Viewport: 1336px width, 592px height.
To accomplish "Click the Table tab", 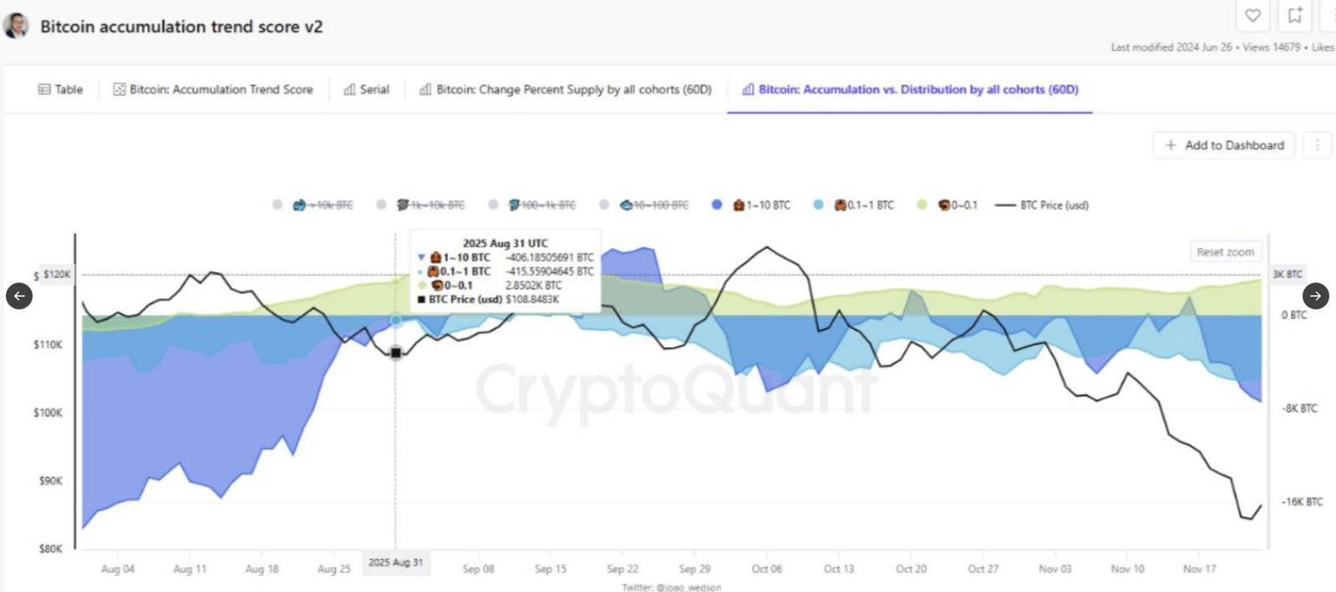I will pyautogui.click(x=61, y=89).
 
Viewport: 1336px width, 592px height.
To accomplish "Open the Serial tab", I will pyautogui.click(x=367, y=89).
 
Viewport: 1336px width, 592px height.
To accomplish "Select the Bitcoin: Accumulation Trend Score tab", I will pyautogui.click(x=213, y=89).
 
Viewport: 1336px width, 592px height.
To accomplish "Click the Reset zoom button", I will pyautogui.click(x=1225, y=252).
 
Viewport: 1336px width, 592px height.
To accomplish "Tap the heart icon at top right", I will pyautogui.click(x=1252, y=15).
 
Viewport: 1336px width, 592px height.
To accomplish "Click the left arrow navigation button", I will pyautogui.click(x=19, y=296).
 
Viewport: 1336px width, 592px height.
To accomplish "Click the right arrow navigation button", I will pyautogui.click(x=1315, y=296).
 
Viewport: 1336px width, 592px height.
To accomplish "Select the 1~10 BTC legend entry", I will pyautogui.click(x=761, y=205).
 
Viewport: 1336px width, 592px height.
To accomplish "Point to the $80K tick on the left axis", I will pyautogui.click(x=50, y=549).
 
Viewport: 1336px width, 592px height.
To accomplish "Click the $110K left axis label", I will pyautogui.click(x=48, y=344).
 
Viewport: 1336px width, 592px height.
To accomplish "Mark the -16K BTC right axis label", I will pyautogui.click(x=1303, y=502).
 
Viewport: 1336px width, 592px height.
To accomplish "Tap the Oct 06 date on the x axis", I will pyautogui.click(x=767, y=569).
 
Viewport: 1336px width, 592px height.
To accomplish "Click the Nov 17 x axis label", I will pyautogui.click(x=1199, y=569).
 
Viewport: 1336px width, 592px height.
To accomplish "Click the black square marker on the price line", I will pyautogui.click(x=395, y=353).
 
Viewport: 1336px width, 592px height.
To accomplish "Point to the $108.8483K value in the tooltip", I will pyautogui.click(x=532, y=299).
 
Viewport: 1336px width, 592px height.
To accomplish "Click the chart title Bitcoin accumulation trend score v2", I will pyautogui.click(x=181, y=27).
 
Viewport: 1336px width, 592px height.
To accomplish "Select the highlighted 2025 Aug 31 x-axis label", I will pyautogui.click(x=395, y=563).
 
